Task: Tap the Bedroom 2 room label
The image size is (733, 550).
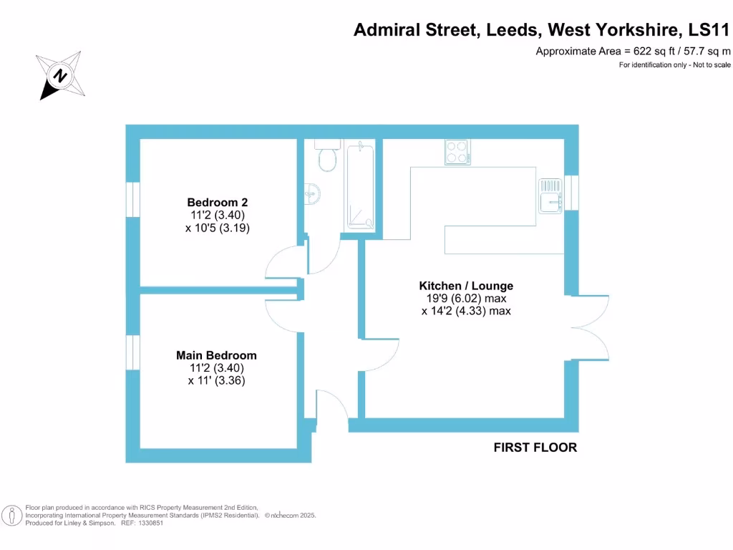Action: pos(217,202)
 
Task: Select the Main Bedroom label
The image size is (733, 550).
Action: pos(216,355)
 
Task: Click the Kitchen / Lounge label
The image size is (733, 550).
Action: pos(466,286)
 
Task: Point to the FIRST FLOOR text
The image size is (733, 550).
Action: pos(535,448)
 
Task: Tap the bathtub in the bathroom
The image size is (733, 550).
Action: pos(360,185)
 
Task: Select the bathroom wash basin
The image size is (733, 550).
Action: pos(313,192)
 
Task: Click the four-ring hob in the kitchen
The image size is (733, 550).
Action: pos(457,152)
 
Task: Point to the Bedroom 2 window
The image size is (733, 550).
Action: pos(132,198)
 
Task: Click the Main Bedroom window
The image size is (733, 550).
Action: pos(132,352)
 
